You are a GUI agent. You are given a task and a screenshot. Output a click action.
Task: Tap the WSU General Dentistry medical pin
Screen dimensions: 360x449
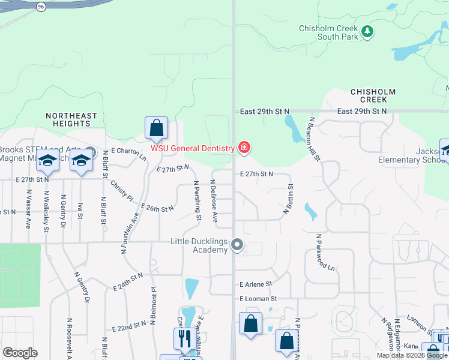244,147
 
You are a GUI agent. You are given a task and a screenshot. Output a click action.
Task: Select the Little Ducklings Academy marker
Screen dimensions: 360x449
238,244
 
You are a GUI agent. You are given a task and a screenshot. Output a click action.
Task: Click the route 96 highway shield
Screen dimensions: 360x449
40,7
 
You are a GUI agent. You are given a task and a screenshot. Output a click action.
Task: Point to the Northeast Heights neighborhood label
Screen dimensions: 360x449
71,119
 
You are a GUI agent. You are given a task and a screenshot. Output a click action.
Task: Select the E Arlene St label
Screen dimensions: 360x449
256,284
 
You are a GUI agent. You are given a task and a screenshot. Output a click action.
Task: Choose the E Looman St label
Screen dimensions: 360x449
258,298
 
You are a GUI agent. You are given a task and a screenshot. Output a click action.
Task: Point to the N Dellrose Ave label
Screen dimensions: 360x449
213,198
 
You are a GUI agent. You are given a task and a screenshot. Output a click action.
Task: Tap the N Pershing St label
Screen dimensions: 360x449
197,200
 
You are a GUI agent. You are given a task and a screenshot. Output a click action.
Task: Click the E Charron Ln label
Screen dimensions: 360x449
129,154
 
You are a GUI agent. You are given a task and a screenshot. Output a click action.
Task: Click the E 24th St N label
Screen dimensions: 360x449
128,280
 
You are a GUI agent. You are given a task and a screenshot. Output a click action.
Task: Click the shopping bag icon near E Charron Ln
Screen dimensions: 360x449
156,128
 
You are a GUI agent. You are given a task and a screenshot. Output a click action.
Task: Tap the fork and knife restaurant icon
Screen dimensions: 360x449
182,338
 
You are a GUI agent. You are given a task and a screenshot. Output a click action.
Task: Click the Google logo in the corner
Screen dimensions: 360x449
20,353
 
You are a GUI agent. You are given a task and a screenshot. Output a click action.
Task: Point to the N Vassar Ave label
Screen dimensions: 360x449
28,209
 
